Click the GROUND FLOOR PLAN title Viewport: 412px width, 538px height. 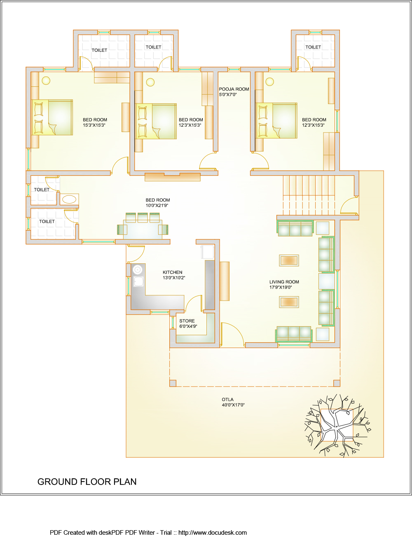pyautogui.click(x=87, y=482)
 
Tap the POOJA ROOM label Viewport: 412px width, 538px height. pyautogui.click(x=234, y=89)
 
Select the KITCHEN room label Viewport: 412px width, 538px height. pyautogui.click(x=172, y=272)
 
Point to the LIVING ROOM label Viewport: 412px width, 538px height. pyautogui.click(x=284, y=282)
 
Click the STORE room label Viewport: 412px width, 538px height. pyautogui.click(x=187, y=321)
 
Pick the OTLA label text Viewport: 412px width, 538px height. pyautogui.click(x=227, y=399)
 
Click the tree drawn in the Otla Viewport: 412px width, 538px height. pyautogui.click(x=337, y=426)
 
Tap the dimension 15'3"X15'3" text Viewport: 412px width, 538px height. pyautogui.click(x=94, y=125)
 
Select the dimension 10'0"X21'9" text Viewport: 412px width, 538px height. pyautogui.click(x=157, y=205)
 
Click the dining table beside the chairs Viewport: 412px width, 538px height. pyautogui.click(x=143, y=230)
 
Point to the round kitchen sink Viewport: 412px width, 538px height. pyautogui.click(x=138, y=270)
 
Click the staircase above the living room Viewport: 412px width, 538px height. pyautogui.click(x=309, y=195)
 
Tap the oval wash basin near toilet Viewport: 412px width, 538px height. pyautogui.click(x=69, y=199)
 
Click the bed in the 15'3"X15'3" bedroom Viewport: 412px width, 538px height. pyautogui.click(x=52, y=117)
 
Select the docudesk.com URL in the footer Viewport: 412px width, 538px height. pyautogui.click(x=212, y=532)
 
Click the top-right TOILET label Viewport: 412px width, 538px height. pyautogui.click(x=313, y=47)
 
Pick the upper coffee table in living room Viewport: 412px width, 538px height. pyautogui.click(x=289, y=260)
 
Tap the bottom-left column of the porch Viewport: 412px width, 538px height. pyautogui.click(x=173, y=383)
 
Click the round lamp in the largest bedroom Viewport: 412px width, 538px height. pyautogui.click(x=46, y=80)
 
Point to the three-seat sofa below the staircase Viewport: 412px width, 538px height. pyautogui.click(x=295, y=228)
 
